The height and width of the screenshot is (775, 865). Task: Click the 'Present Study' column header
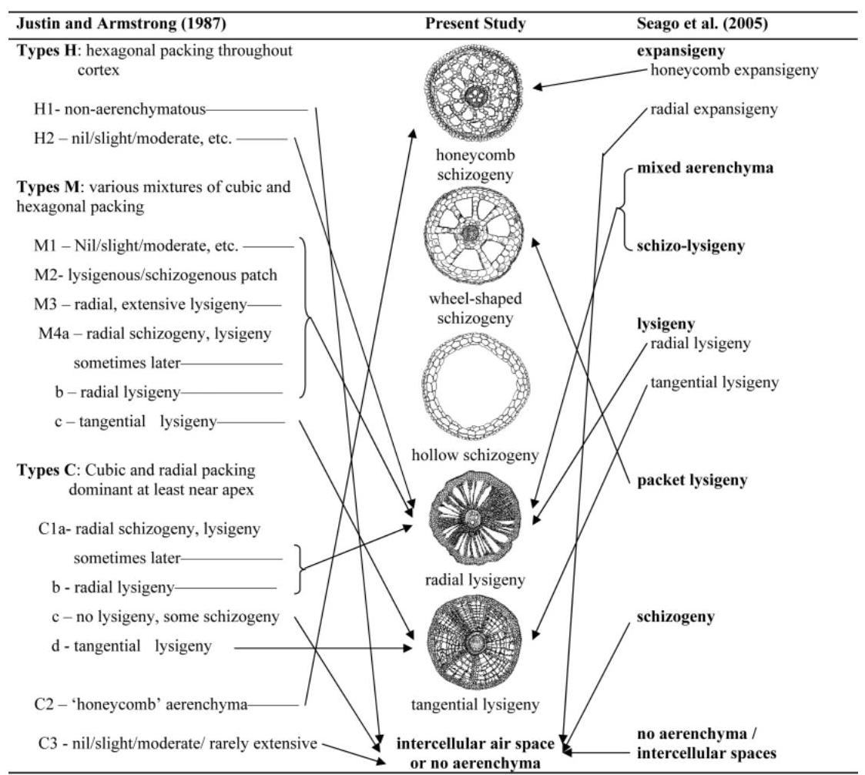point(475,24)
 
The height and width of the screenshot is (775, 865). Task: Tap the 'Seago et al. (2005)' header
point(692,24)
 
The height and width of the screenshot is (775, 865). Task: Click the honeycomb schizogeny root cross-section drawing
point(478,96)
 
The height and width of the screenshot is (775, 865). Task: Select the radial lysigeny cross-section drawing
point(475,520)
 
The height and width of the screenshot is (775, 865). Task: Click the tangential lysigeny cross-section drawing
point(474,644)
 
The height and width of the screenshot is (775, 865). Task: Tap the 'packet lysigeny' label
point(692,481)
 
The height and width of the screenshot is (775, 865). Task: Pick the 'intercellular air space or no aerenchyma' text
point(474,753)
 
